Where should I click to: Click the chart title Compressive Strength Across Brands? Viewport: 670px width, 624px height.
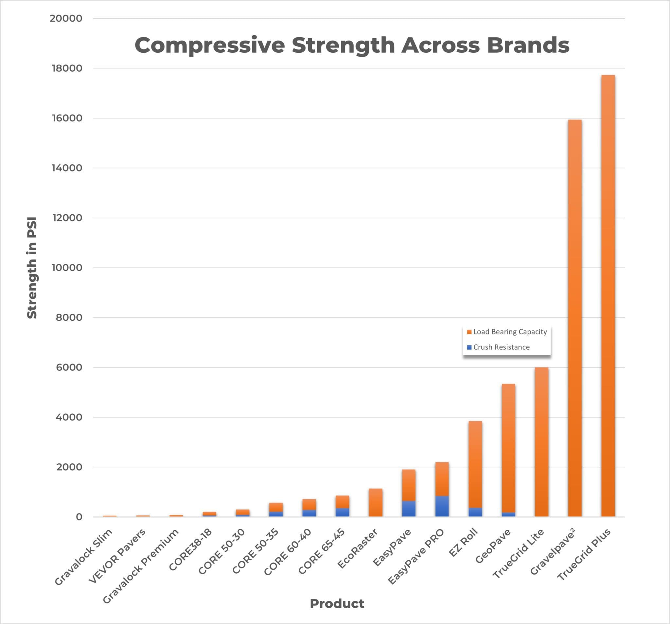pyautogui.click(x=352, y=45)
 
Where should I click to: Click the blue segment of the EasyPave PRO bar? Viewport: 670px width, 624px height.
pyautogui.click(x=442, y=506)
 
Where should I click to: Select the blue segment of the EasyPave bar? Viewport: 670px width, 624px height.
pyautogui.click(x=409, y=509)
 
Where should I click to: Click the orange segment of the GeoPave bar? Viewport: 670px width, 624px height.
pyautogui.click(x=508, y=448)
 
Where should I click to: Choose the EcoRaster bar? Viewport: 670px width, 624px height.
pyautogui.click(x=376, y=502)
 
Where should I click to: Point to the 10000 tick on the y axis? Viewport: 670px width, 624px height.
pyautogui.click(x=67, y=268)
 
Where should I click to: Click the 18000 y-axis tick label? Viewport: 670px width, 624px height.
pyautogui.click(x=67, y=68)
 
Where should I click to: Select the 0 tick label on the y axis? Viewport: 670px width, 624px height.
pyautogui.click(x=79, y=517)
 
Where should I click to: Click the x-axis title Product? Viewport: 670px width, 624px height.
pyautogui.click(x=337, y=603)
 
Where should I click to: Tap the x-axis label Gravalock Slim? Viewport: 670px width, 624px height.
pyautogui.click(x=83, y=557)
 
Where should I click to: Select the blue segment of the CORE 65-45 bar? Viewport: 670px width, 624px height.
pyautogui.click(x=342, y=512)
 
